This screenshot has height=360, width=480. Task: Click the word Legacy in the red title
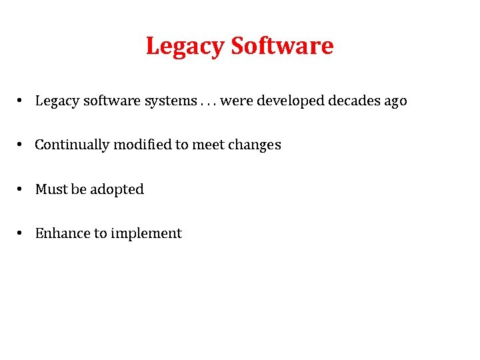[185, 47]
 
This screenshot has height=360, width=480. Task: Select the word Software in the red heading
[281, 45]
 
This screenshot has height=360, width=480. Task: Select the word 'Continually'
[72, 145]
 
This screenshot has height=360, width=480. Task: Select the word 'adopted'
[117, 190]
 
